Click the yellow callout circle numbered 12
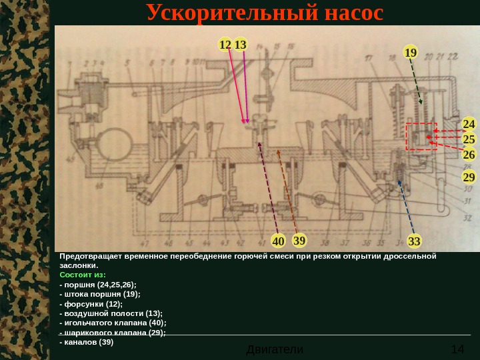click(x=225, y=45)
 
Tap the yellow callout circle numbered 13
click(x=240, y=45)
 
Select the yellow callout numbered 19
click(x=411, y=52)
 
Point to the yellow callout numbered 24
click(x=469, y=125)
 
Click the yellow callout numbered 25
click(x=469, y=139)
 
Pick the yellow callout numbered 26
click(x=469, y=155)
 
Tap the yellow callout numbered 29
click(x=469, y=177)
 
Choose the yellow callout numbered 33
click(x=414, y=241)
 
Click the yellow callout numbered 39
click(x=299, y=240)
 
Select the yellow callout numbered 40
click(x=278, y=241)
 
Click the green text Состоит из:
click(x=83, y=274)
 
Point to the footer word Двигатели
click(x=275, y=349)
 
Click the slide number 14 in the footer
click(x=457, y=349)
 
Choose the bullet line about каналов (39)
click(x=87, y=342)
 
